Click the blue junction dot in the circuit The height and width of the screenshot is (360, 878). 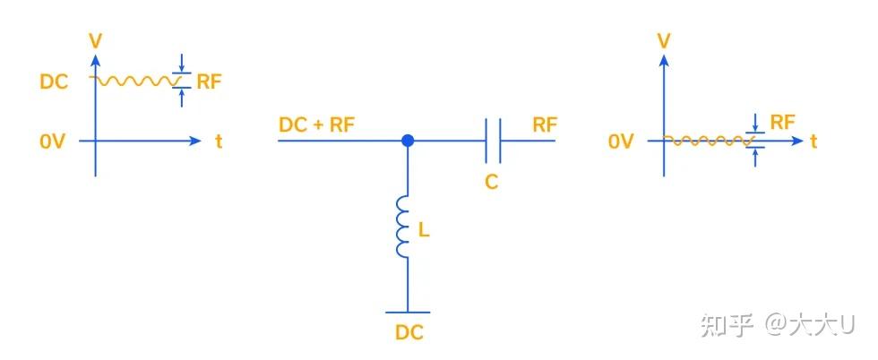[x=408, y=141]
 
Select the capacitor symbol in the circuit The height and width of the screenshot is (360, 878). [x=493, y=141]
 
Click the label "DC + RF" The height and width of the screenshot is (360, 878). [x=316, y=124]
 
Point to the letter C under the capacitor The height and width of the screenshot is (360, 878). [x=491, y=182]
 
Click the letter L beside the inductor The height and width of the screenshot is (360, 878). [x=425, y=230]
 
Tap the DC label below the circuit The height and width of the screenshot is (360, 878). [x=409, y=332]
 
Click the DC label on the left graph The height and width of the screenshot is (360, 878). [x=54, y=81]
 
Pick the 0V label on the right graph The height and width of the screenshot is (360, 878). [x=621, y=141]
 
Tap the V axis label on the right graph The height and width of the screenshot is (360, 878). [x=663, y=40]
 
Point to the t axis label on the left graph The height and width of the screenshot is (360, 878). [x=218, y=141]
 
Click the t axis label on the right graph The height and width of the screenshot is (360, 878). [x=813, y=141]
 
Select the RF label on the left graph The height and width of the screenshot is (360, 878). [x=209, y=81]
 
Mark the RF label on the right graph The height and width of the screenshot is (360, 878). [x=782, y=122]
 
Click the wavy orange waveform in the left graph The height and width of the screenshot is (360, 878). [x=134, y=81]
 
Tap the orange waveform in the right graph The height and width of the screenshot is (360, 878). [x=708, y=141]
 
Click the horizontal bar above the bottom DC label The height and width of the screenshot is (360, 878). [x=409, y=313]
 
